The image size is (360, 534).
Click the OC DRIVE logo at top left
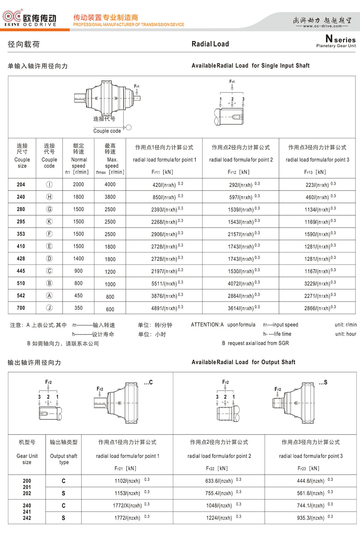(30, 19)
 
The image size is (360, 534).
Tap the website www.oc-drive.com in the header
(322, 26)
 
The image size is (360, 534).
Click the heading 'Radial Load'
(210, 44)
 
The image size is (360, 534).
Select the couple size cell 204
(21, 185)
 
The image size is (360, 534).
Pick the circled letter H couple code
(49, 197)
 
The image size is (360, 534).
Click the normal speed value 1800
(78, 197)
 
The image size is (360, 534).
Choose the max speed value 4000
(110, 185)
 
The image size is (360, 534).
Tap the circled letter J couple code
(49, 308)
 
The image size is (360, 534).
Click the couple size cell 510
(21, 283)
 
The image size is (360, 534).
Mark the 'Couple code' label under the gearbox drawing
(107, 131)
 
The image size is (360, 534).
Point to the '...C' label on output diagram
(148, 383)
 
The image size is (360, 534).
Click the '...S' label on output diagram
(323, 383)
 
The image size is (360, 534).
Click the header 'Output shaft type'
(64, 459)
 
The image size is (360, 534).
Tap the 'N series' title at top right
(340, 39)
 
